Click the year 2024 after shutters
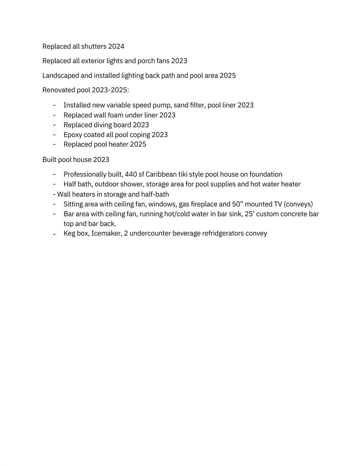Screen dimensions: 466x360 click(116, 46)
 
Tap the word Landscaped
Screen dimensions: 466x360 click(61, 76)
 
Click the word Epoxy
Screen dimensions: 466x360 click(73, 135)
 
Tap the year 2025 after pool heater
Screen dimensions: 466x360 click(138, 144)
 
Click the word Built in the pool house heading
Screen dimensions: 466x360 click(49, 160)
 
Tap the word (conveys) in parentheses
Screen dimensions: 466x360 click(298, 204)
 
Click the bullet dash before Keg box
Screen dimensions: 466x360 click(54, 234)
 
